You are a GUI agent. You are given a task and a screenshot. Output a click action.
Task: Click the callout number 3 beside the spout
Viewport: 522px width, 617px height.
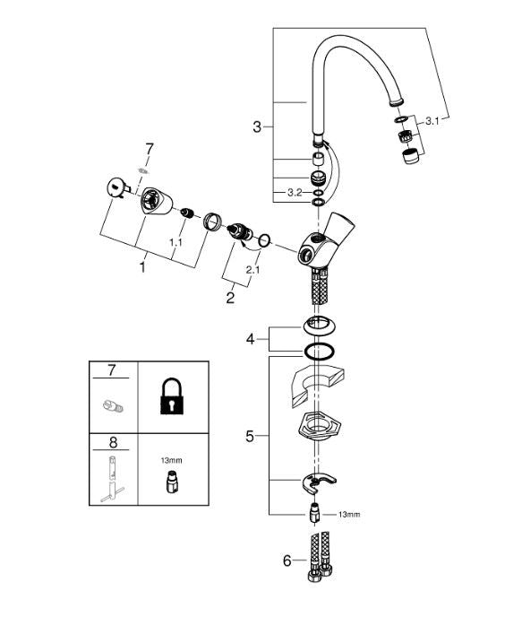click(x=257, y=126)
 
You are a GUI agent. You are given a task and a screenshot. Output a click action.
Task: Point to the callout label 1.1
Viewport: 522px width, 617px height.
click(x=175, y=243)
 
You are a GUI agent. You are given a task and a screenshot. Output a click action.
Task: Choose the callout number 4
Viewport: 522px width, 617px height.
click(x=252, y=339)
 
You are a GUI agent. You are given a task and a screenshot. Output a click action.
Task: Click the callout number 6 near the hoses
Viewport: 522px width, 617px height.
click(x=287, y=561)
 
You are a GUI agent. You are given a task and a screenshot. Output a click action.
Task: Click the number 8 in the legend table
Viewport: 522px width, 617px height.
click(x=111, y=441)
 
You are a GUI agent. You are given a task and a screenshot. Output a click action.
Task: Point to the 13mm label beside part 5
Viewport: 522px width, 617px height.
click(x=350, y=515)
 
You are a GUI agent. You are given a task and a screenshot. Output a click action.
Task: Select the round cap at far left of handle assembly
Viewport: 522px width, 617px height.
click(x=115, y=187)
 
